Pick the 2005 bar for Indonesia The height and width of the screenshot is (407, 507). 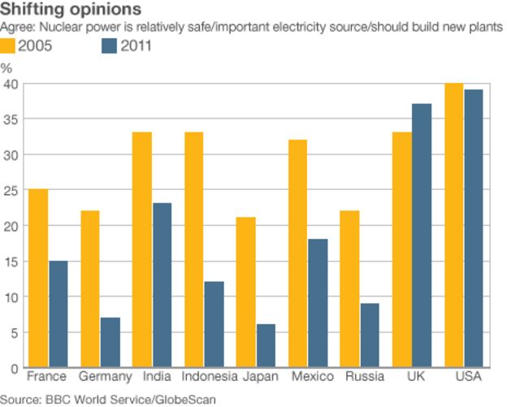[x=194, y=249]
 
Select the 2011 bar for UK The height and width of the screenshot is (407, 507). [x=421, y=236]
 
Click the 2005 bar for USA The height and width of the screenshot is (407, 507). [x=453, y=225]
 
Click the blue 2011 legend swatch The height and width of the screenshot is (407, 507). [x=109, y=45]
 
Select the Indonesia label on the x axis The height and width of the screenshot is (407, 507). [x=210, y=377]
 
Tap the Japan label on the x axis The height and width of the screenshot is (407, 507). [x=260, y=377]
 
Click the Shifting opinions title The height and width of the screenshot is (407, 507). [x=71, y=10]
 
